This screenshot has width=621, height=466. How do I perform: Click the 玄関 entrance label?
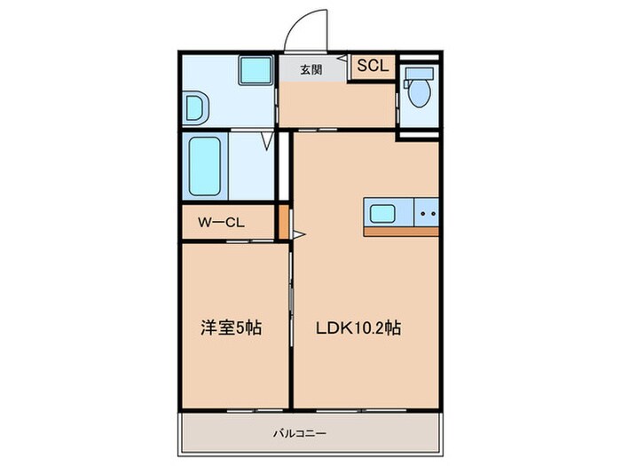coord(311,70)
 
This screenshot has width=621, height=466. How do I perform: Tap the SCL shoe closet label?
coord(371,67)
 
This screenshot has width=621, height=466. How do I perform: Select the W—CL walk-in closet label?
coord(221,223)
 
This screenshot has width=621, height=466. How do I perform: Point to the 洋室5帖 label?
coord(231,328)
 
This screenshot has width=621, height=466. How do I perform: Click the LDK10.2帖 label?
coord(359,328)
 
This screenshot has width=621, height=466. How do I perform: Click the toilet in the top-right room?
coord(417,90)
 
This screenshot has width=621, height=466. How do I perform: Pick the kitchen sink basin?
coord(384,213)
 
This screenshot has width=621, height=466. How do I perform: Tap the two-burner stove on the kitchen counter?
coord(427,213)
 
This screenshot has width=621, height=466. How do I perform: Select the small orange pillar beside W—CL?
coord(284,223)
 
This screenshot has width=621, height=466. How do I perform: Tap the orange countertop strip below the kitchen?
coord(401,231)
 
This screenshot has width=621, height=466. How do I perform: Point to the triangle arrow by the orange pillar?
coord(300,235)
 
